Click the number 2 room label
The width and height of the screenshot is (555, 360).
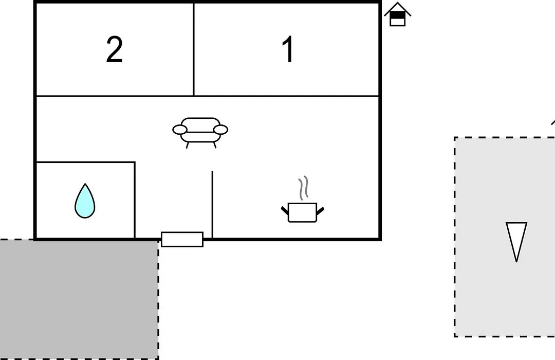(x=114, y=49)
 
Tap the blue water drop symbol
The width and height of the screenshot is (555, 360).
(x=85, y=201)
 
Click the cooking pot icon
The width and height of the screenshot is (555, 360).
(x=303, y=212)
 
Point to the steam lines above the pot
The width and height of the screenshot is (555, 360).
(x=303, y=188)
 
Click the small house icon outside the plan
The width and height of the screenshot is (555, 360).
(x=397, y=14)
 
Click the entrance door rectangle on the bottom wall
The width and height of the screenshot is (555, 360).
(x=182, y=240)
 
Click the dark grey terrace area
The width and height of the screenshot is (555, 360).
(x=79, y=299)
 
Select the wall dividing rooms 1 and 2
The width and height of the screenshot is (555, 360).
(x=194, y=49)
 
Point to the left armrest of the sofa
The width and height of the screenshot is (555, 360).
(x=180, y=130)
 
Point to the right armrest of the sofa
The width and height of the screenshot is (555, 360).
(x=221, y=130)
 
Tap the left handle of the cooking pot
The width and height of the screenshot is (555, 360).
(x=285, y=210)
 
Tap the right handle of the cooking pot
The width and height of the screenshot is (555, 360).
(x=320, y=211)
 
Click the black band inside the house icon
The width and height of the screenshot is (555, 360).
(x=397, y=15)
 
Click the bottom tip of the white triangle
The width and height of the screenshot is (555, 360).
(x=517, y=262)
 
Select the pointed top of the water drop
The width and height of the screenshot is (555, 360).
(x=85, y=184)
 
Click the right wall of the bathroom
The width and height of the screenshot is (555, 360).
(x=135, y=200)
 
